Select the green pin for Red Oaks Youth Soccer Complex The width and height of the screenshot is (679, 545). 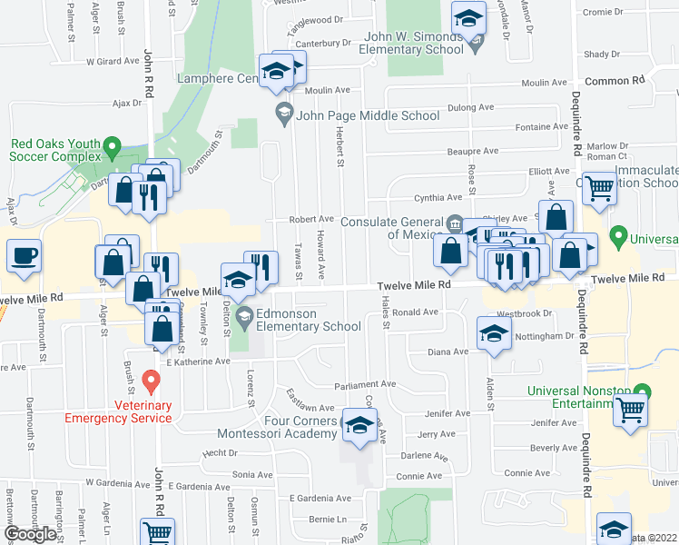pos(112,145)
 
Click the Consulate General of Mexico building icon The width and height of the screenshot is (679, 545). pos(455,223)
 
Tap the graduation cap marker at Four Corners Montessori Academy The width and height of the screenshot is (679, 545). pos(360,427)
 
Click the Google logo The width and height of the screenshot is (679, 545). pos(31,534)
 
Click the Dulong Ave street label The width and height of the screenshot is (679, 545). pos(471,107)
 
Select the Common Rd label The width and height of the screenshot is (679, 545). pos(615,81)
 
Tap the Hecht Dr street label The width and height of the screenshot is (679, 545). pos(220,452)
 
